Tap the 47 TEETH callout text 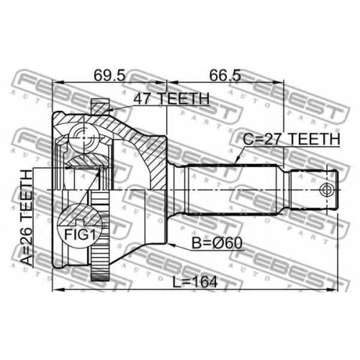pos(171,99)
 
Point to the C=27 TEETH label pos(292,139)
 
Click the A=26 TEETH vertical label pos(26,217)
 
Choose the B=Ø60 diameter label pos(217,243)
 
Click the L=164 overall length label pos(195,282)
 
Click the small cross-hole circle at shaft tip pos(326,189)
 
